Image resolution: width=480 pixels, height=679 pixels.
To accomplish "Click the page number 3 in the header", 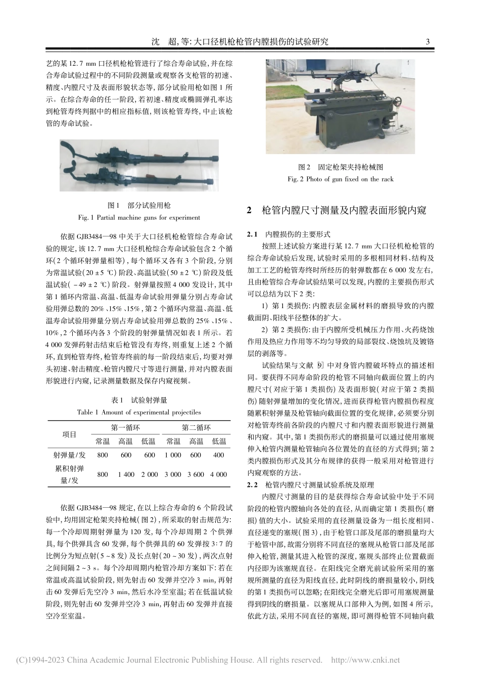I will coord(428,42).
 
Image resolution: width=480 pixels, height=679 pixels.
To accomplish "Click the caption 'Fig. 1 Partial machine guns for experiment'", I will coord(138,218).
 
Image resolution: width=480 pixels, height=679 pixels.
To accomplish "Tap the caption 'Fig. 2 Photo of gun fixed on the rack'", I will coord(340,179).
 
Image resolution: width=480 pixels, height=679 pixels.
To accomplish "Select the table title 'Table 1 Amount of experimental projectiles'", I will coord(138,412).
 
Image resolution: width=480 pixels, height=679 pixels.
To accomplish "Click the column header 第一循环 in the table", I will coord(125,427).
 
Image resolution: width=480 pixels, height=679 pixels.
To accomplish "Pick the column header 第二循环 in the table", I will coord(196,427).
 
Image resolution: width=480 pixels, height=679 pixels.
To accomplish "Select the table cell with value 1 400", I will coord(126,474).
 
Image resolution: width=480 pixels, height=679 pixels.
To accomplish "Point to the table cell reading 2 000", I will coord(149,474).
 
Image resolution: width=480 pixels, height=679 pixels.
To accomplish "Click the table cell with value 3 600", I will coord(196,474).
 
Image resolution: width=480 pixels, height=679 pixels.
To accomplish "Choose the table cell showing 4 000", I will coord(218,474).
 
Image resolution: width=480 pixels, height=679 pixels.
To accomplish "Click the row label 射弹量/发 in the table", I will coord(69,455).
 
